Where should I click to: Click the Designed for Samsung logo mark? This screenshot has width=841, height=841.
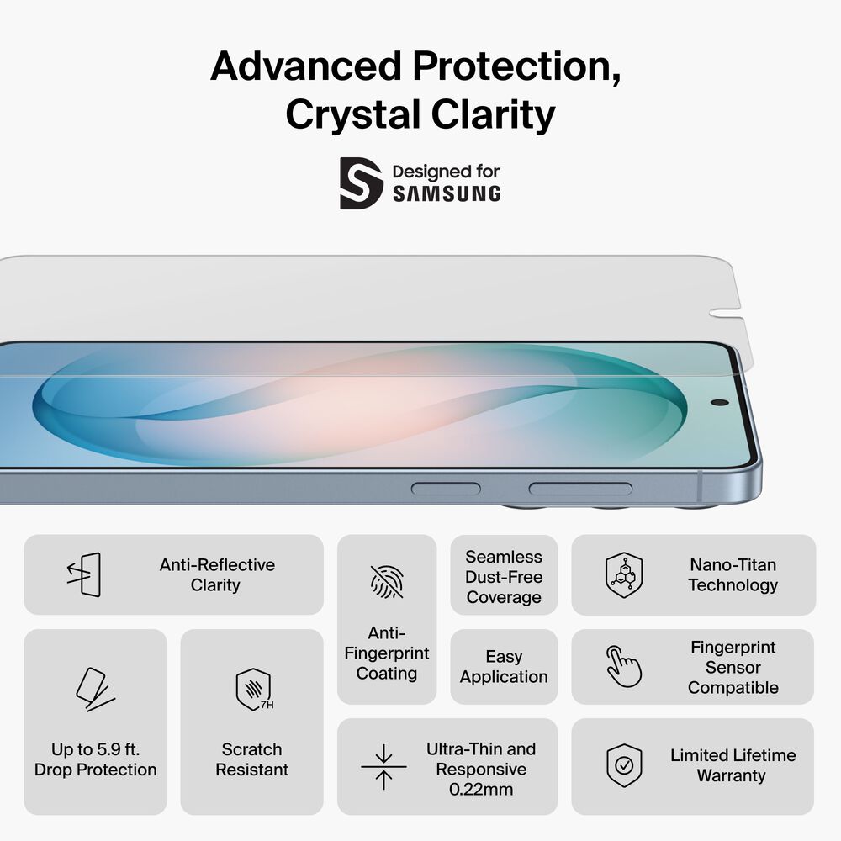pos(361,182)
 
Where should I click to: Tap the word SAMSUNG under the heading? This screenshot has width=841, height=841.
pos(446,194)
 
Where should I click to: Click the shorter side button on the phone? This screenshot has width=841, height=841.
pos(446,489)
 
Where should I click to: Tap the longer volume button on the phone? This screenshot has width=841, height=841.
pos(580,489)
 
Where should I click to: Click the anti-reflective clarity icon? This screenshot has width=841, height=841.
pos(84,575)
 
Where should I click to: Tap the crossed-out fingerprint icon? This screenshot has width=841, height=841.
pos(386,581)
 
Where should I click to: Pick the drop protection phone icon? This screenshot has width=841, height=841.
pos(94,689)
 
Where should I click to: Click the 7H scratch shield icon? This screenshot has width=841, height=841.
pos(252,689)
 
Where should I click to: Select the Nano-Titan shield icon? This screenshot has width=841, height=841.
pos(624,575)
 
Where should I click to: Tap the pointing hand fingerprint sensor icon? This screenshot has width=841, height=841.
pos(624,667)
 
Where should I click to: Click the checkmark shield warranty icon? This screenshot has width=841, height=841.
pos(624,765)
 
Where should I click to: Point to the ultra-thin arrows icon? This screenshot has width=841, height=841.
pos(383,766)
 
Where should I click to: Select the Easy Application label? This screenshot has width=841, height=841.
pos(504,667)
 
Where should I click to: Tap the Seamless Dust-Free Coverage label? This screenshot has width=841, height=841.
pos(504,577)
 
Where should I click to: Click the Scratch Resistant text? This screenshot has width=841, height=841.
pos(251,759)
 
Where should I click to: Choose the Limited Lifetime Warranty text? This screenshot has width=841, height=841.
pos(733,765)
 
